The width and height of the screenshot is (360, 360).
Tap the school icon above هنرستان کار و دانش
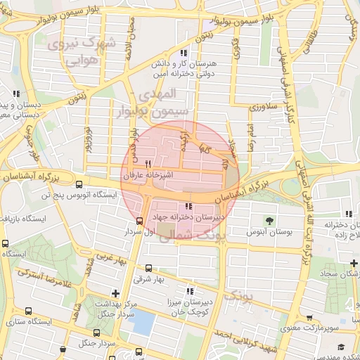click(184, 53)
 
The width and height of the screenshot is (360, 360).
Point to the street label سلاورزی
click(264, 107)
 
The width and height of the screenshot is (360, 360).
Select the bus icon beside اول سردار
click(139, 220)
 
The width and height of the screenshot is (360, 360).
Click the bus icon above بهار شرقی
click(148, 268)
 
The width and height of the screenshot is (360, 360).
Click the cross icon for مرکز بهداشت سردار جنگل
click(116, 292)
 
